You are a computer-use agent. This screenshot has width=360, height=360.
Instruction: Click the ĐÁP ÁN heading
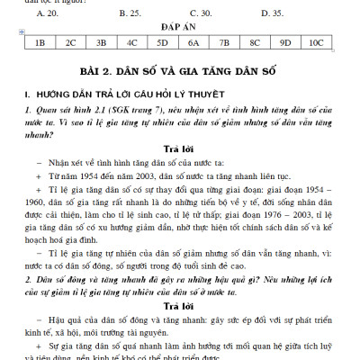[180, 29]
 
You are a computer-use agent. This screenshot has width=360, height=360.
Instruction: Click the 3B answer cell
[102, 42]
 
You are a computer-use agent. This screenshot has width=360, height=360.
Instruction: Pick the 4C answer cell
[132, 42]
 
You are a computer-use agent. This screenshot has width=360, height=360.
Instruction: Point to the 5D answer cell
[163, 42]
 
